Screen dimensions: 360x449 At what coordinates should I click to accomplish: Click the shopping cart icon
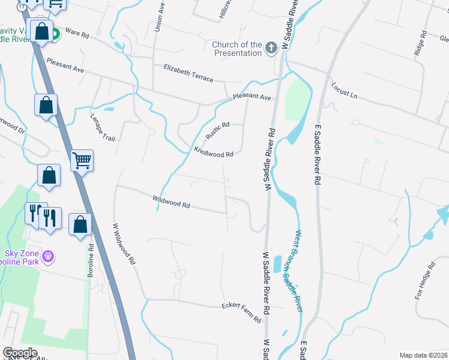[x=82, y=160]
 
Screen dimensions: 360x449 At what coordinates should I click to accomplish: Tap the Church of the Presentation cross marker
[x=271, y=47]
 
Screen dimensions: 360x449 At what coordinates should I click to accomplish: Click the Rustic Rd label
[x=217, y=131]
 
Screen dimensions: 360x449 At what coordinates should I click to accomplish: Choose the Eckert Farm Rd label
[x=241, y=313]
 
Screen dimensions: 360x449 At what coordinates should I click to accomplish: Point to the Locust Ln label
[x=344, y=91]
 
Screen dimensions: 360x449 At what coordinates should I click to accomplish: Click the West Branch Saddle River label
[x=298, y=271]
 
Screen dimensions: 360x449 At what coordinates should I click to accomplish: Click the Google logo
[x=20, y=353]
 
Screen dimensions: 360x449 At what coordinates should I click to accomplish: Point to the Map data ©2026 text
[x=423, y=355]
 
